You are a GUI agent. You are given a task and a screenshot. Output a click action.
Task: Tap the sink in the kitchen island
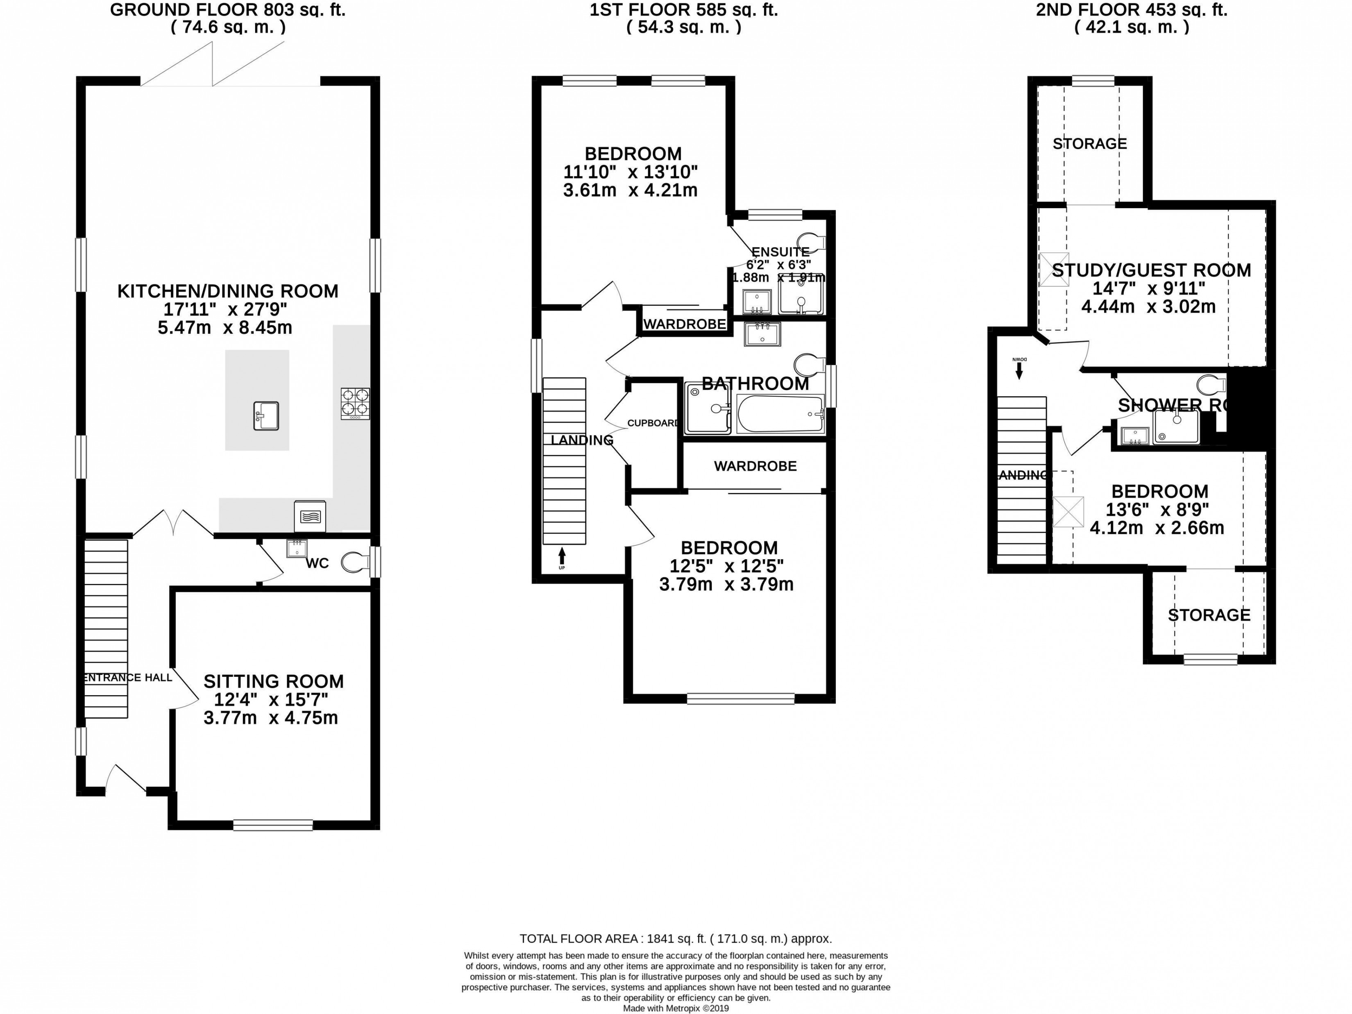[x=266, y=415]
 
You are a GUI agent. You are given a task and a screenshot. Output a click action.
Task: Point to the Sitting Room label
[x=273, y=681]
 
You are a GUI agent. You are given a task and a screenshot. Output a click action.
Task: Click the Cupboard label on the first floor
[x=653, y=423]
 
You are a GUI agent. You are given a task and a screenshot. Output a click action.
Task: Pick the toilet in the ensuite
[x=810, y=242]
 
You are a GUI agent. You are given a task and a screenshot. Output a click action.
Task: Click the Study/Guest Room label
[x=1151, y=270]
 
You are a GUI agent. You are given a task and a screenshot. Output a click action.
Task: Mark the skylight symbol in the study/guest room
[x=1054, y=270]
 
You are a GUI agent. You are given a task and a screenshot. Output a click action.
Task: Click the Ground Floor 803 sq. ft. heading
[x=227, y=10]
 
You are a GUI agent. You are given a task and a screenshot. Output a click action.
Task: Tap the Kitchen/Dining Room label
[x=227, y=291]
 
